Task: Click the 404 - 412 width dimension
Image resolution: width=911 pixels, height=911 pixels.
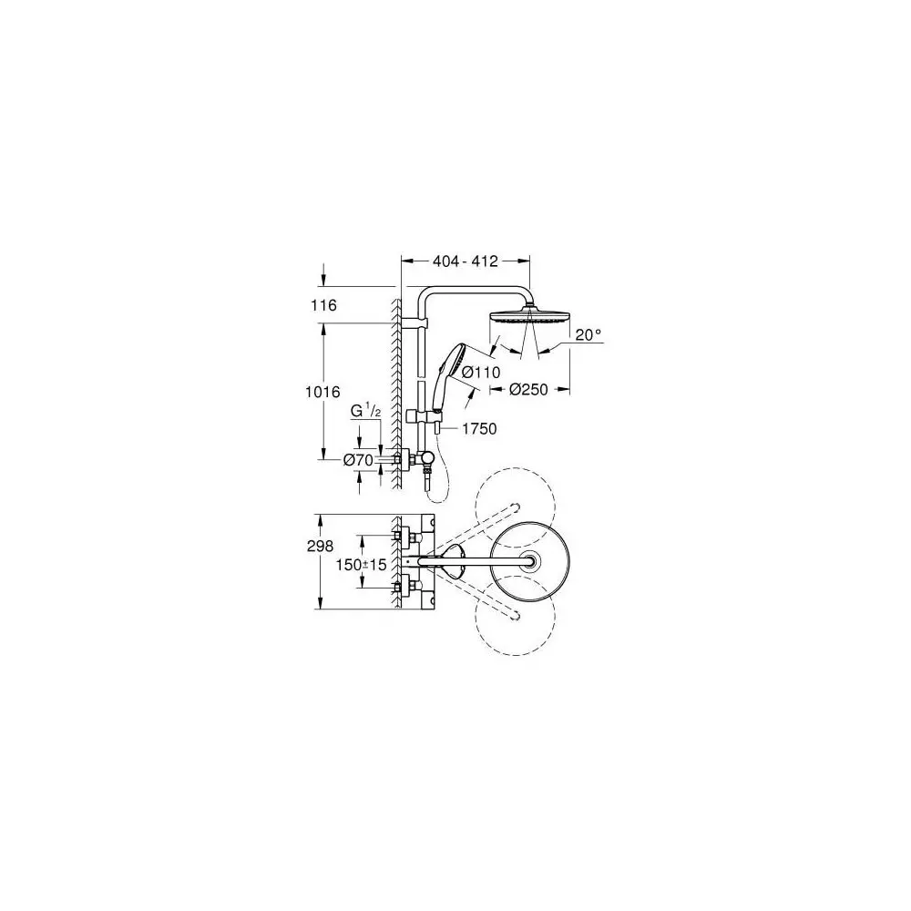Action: [465, 261]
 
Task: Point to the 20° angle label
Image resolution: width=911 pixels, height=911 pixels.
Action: [589, 335]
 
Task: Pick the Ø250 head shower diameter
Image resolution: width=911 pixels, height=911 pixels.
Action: [527, 390]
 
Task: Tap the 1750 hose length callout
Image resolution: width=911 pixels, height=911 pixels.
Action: [478, 428]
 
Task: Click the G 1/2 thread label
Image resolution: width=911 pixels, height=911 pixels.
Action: [364, 412]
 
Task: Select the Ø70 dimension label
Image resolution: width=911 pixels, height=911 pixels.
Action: [358, 460]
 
